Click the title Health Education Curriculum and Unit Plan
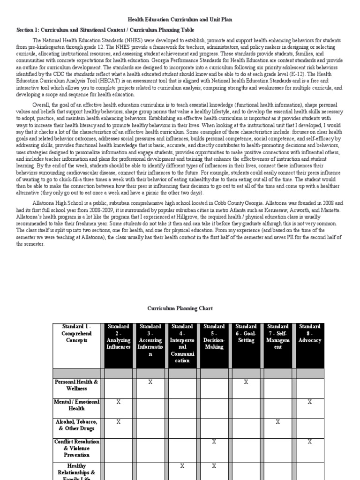180,19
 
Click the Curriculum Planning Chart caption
180,308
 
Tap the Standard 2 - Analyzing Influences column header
119,337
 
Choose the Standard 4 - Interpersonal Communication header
182,343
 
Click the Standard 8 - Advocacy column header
309,333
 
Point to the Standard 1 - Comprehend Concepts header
76,333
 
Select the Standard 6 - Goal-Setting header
246,333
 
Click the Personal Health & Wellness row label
76,385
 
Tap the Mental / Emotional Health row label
76,405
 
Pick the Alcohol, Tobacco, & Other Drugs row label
76,425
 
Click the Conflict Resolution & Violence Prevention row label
76,448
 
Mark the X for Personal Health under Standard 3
150,382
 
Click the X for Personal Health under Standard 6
246,382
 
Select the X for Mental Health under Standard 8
309,402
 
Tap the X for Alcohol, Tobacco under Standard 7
277,422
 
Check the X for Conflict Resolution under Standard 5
214,442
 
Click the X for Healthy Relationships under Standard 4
182,466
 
